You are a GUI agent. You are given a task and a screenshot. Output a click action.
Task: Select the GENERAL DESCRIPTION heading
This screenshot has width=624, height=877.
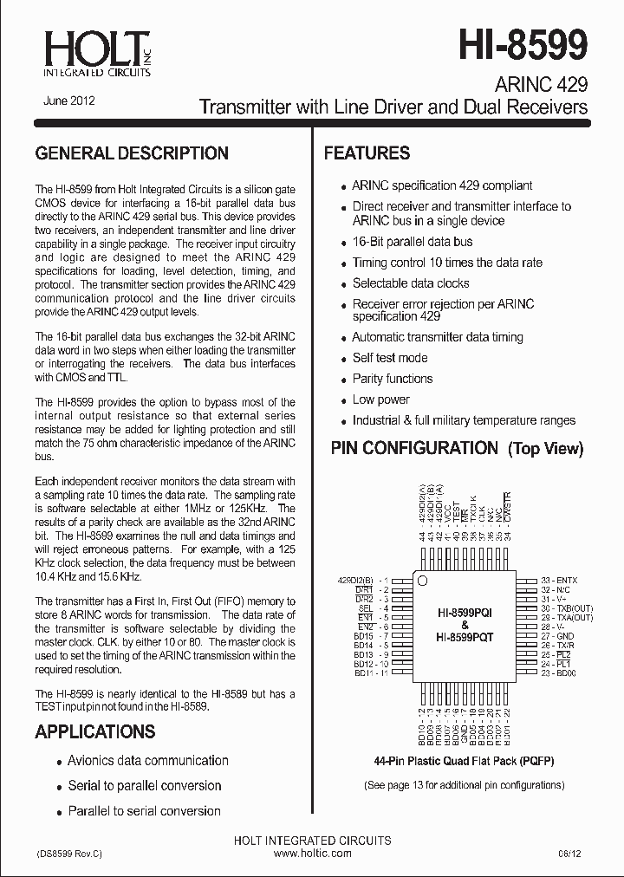(x=132, y=153)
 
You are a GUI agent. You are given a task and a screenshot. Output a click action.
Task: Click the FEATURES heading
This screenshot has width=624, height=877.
(x=367, y=153)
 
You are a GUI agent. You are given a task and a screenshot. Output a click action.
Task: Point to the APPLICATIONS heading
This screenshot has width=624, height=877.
(x=95, y=731)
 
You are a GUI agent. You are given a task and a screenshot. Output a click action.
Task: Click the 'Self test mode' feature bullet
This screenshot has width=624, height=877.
(x=390, y=358)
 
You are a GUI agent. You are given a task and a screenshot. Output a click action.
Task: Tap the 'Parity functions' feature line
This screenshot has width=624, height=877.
(x=393, y=379)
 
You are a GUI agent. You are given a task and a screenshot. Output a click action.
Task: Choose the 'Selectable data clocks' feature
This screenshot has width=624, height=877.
(x=411, y=283)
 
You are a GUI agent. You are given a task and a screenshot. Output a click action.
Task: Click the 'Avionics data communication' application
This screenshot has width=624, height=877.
(x=148, y=761)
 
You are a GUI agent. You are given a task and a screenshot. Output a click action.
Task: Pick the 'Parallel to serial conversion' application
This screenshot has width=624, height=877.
(x=145, y=811)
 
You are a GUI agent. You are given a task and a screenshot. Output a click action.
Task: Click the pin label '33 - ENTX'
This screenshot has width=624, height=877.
(x=559, y=579)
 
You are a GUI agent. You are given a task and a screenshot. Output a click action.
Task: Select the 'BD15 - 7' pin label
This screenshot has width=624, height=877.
(x=371, y=636)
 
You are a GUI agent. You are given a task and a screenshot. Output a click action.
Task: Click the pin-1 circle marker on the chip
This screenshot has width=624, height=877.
(x=422, y=579)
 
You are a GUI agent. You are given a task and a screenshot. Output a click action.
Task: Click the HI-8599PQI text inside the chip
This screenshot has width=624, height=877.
(x=465, y=613)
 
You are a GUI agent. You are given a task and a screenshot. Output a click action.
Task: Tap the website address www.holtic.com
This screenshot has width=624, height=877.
(x=312, y=854)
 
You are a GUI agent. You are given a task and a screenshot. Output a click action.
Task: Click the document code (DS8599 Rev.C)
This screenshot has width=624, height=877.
(x=69, y=854)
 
